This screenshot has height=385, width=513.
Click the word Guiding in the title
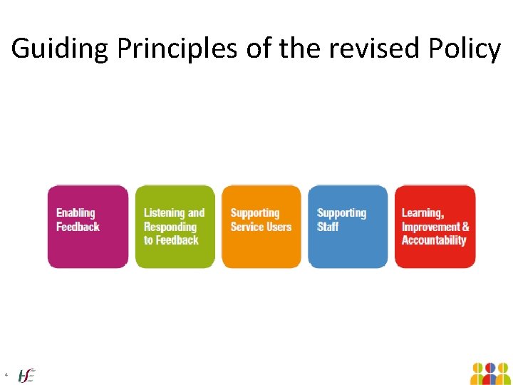tap(60, 49)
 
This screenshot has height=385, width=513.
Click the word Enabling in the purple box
tap(76, 212)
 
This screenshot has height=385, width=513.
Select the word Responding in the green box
tap(170, 227)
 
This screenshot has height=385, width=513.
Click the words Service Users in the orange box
tap(261, 227)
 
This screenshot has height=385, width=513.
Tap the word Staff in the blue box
tap(328, 227)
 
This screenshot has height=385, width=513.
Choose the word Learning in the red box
tap(423, 212)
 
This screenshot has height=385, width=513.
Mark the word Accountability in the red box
tap(433, 240)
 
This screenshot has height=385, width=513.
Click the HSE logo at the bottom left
tap(26, 374)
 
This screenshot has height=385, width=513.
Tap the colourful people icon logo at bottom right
tap(490, 373)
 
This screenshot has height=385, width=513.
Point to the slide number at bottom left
tap(6, 374)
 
